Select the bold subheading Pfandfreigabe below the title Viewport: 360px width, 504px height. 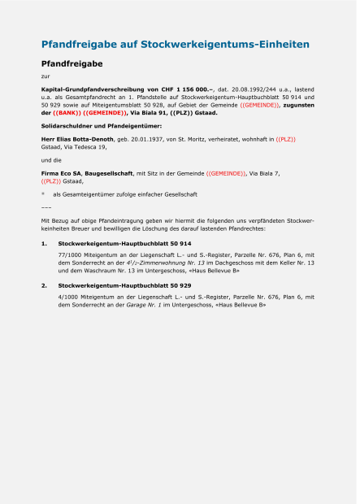tap(72, 62)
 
